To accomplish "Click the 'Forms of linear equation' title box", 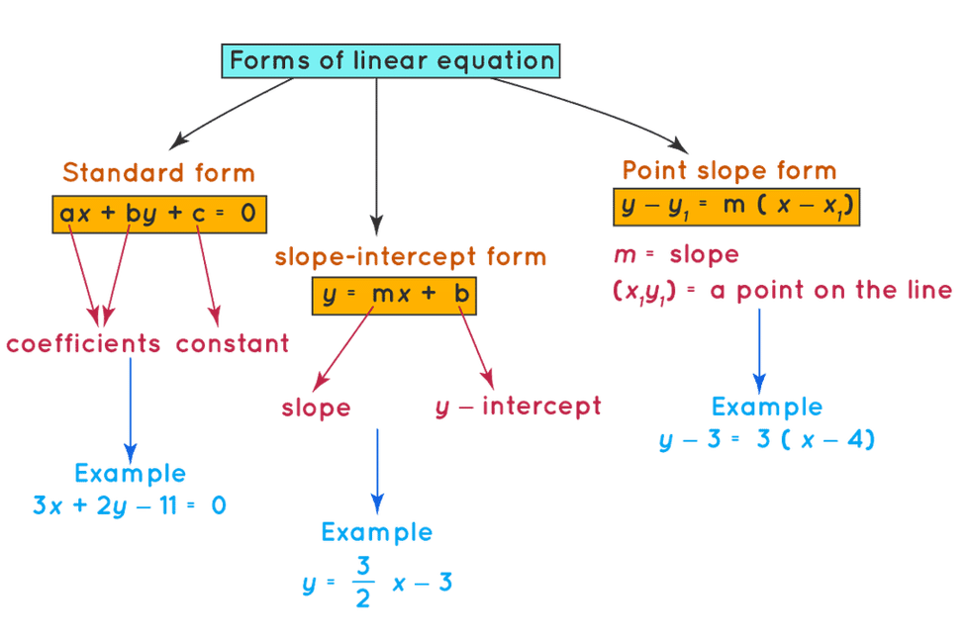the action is [390, 61].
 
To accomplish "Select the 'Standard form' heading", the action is [158, 172].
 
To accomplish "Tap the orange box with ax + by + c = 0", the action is [159, 215].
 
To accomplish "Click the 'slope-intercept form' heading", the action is [411, 256].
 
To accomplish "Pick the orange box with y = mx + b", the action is [394, 296].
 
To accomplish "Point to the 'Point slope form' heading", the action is [728, 170].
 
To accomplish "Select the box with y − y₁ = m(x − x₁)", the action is [736, 207].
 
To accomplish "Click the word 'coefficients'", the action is [83, 343].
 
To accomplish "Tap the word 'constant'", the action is [233, 344].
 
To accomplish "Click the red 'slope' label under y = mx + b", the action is [317, 409].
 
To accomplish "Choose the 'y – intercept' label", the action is [518, 407].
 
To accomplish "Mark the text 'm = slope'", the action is [677, 254].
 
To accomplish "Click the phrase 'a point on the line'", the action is [831, 291].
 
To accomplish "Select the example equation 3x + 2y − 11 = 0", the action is [130, 506].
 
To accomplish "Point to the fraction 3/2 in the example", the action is [363, 582].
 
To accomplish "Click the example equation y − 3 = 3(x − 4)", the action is [766, 439].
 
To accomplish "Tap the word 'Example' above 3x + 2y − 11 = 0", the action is [130, 474].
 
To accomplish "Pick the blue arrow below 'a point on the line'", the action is [759, 351].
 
